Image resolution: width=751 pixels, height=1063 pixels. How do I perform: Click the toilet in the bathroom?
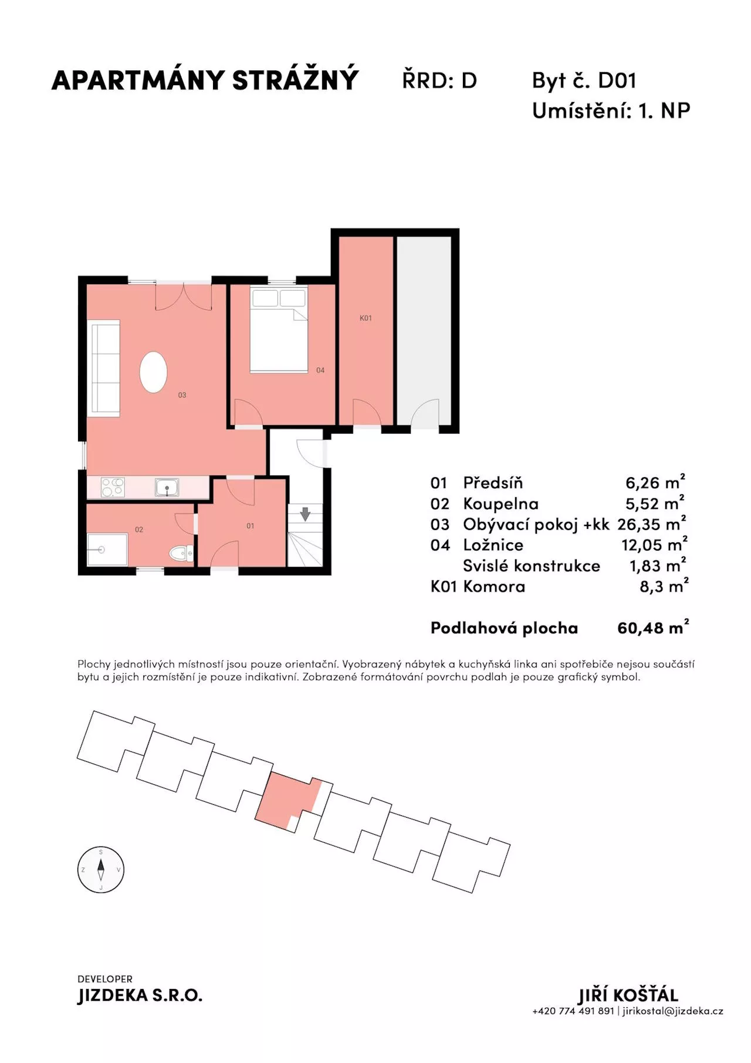click(x=181, y=554)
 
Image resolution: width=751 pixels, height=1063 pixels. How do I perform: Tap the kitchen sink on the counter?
click(x=167, y=487)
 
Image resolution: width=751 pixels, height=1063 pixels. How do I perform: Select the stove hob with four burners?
click(x=113, y=487)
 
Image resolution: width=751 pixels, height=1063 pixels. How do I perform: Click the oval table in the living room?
click(x=154, y=372)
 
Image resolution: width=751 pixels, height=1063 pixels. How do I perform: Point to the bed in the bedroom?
click(x=279, y=330)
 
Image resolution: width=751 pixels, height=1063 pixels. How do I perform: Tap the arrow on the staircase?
click(x=305, y=514)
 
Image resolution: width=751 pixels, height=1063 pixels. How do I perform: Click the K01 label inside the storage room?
click(x=366, y=318)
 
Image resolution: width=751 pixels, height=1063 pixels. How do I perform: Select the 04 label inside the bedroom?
click(x=320, y=370)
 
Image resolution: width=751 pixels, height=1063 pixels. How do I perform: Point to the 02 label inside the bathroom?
click(x=139, y=529)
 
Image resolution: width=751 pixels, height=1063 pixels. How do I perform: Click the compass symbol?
click(x=101, y=870)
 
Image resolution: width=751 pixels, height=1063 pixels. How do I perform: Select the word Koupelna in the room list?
click(x=500, y=504)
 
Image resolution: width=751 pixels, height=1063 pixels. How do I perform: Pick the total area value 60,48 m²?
click(x=653, y=627)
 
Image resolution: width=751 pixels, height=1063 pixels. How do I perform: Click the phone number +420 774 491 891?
click(x=573, y=1011)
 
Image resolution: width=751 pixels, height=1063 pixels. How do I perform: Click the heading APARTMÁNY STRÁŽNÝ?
click(x=205, y=80)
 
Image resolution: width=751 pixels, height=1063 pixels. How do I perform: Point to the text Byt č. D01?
click(x=584, y=80)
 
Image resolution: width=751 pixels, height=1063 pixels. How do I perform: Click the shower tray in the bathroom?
click(x=107, y=549)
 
